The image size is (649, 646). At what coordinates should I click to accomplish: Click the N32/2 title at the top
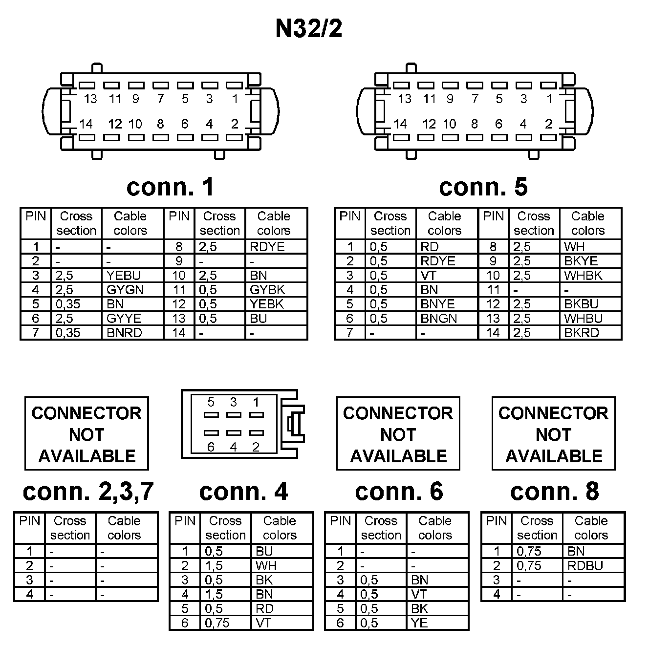pyautogui.click(x=309, y=28)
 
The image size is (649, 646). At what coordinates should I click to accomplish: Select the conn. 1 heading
pyautogui.click(x=170, y=187)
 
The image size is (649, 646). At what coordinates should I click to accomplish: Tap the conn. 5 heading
pyautogui.click(x=483, y=187)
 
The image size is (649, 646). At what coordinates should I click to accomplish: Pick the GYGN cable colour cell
pyautogui.click(x=125, y=290)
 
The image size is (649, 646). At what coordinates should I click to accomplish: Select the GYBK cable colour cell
pyautogui.click(x=267, y=290)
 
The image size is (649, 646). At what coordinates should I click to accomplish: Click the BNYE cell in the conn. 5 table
pyautogui.click(x=437, y=304)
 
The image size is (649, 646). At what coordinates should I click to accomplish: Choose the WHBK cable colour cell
pyautogui.click(x=583, y=276)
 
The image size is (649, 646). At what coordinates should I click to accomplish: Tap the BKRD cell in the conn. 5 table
pyautogui.click(x=581, y=333)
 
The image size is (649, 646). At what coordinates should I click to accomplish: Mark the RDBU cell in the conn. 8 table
pyautogui.click(x=585, y=566)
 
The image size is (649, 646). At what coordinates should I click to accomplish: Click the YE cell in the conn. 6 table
pyautogui.click(x=419, y=623)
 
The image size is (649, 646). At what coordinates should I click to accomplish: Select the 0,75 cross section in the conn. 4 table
pyautogui.click(x=217, y=623)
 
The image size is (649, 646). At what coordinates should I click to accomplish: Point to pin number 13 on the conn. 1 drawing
pyautogui.click(x=90, y=99)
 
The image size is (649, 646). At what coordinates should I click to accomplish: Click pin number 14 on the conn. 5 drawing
pyautogui.click(x=400, y=124)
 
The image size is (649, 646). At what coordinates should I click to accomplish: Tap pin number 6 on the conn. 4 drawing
pyautogui.click(x=211, y=447)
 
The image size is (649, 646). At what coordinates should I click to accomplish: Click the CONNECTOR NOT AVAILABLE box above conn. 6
pyautogui.click(x=398, y=434)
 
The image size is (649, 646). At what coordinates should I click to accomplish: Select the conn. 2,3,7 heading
pyautogui.click(x=88, y=492)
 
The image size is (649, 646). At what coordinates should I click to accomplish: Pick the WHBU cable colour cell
pyautogui.click(x=583, y=319)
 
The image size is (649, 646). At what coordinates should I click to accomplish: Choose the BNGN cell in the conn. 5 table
pyautogui.click(x=438, y=319)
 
